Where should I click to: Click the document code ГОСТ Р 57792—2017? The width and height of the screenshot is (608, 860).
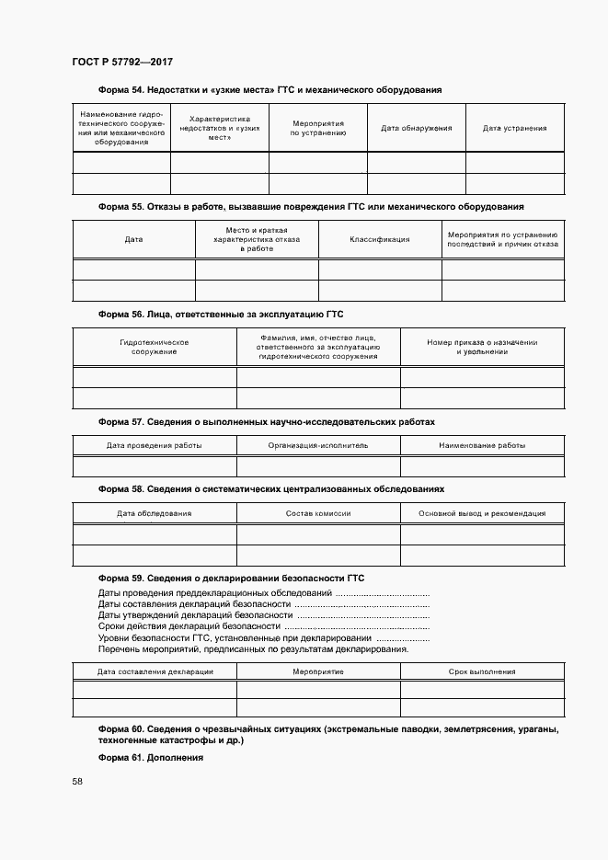[x=122, y=63]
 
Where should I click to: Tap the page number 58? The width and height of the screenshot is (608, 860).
[x=77, y=782]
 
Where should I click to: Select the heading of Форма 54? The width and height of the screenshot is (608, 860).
[x=270, y=90]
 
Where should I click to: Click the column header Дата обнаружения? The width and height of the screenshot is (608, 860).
[x=416, y=128]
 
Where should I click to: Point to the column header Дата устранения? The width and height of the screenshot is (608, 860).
[x=514, y=128]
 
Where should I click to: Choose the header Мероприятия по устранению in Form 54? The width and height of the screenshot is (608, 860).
[x=318, y=128]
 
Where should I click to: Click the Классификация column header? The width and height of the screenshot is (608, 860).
[x=380, y=239]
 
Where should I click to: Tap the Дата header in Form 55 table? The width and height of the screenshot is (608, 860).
[x=133, y=239]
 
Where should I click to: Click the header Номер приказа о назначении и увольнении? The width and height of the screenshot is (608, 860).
[x=482, y=347]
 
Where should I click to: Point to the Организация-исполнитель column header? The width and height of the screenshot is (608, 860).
[x=318, y=445]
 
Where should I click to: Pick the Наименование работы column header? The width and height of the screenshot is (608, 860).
[x=482, y=445]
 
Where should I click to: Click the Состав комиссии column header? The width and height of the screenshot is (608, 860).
[x=318, y=513]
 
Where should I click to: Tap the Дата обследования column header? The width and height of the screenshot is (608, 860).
[x=155, y=513]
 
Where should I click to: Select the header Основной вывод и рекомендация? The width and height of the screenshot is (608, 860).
[x=482, y=513]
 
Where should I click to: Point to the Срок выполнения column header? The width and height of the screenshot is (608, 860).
[x=482, y=672]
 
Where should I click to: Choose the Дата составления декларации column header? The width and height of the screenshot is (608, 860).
[x=155, y=672]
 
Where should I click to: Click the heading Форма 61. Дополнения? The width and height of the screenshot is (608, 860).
[x=150, y=757]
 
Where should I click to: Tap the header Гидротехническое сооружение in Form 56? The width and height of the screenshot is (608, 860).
[x=155, y=347]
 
